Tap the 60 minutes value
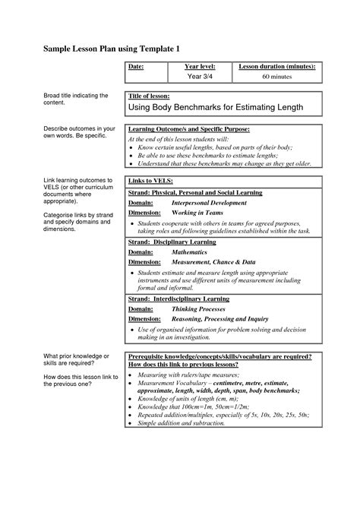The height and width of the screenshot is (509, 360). pos(277,76)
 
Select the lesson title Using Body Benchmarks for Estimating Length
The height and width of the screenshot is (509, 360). pos(216,108)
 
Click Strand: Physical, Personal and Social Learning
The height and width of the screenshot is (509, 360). pos(194,193)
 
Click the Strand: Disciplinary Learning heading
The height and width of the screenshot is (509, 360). pos(172,242)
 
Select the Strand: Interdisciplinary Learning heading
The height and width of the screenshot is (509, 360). pos(179,299)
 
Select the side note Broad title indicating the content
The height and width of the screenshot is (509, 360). pos(74,99)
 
